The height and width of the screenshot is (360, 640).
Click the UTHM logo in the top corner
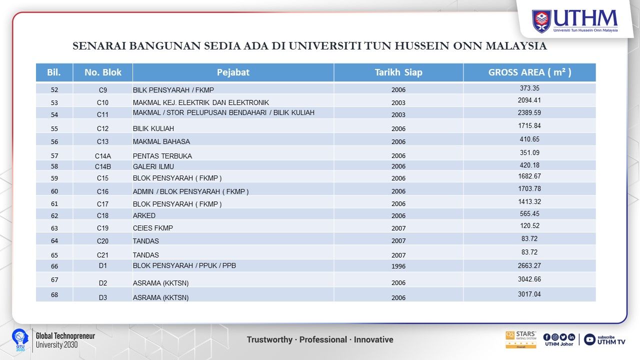click(574, 21)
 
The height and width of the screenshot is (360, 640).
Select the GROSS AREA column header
click(529, 72)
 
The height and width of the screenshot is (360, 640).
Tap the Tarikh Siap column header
click(398, 72)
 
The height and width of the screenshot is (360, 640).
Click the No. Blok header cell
click(103, 72)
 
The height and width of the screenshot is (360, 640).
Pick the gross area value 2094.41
click(529, 100)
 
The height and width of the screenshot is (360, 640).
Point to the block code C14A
click(103, 156)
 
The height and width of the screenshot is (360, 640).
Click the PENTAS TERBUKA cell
click(162, 156)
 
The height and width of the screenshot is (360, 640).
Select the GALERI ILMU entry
click(153, 166)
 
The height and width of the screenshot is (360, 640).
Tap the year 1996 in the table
click(398, 266)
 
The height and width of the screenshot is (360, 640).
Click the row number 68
click(54, 295)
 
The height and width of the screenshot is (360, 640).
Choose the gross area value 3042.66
click(529, 279)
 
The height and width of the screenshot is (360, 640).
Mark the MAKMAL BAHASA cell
click(161, 142)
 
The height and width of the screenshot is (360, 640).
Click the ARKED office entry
click(144, 216)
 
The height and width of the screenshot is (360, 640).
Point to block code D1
click(103, 265)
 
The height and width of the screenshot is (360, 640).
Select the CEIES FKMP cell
click(153, 228)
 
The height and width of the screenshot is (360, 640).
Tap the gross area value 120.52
click(529, 226)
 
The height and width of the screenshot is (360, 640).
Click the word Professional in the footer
click(323, 340)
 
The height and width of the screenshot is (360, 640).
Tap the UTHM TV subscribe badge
click(604, 339)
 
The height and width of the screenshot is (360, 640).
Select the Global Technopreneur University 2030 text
click(65, 340)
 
